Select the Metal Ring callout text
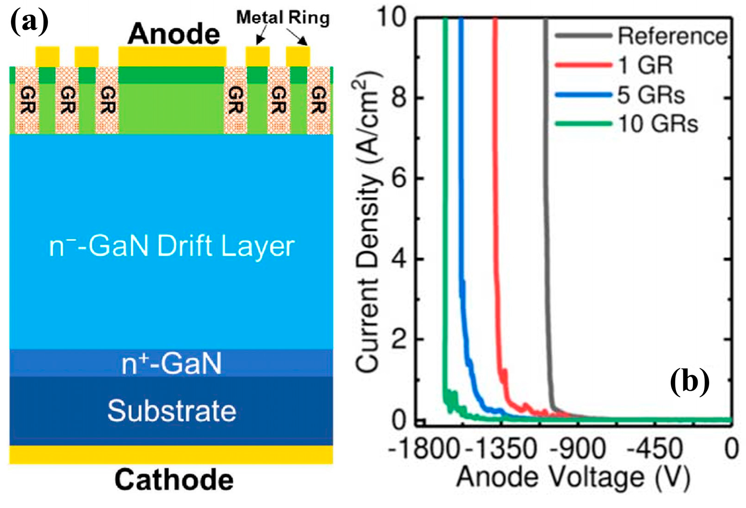283,18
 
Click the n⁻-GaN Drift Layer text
172,246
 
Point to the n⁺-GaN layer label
172,364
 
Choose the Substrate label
172,411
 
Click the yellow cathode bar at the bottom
171,454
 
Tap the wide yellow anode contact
172,56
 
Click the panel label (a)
29,22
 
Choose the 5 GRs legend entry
651,95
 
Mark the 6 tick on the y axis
399,178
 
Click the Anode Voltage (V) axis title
573,477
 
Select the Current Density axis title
368,221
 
